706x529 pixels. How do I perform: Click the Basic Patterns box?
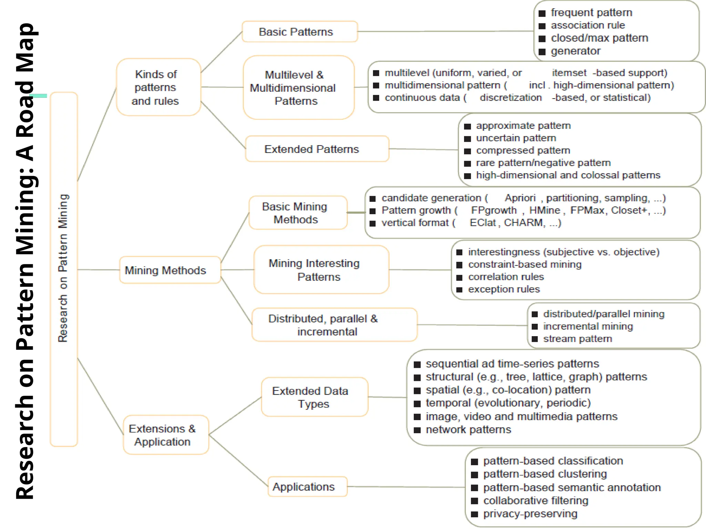tap(300, 32)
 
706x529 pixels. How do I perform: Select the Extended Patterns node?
tap(317, 149)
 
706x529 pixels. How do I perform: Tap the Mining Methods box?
tap(170, 270)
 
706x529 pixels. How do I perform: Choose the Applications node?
tap(307, 486)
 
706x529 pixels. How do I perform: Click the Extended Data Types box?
tap(314, 397)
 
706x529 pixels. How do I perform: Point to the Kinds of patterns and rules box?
tap(159, 87)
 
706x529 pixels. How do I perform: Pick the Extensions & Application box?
tap(166, 435)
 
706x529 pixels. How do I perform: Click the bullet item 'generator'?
tap(575, 51)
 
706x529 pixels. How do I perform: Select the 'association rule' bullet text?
tap(587, 25)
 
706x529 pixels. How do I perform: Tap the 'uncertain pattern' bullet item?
tap(516, 138)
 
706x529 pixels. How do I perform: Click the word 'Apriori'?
tap(520, 198)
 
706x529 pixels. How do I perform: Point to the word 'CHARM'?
tap(524, 223)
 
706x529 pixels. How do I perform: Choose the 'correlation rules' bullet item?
tap(506, 277)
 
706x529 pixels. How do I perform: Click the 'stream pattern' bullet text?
tap(577, 339)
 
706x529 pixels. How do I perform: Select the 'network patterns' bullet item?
tap(468, 430)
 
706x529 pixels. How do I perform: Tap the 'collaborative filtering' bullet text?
tap(535, 501)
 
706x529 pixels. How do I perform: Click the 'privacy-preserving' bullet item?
tap(530, 514)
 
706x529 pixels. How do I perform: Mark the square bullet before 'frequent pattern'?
tap(542, 13)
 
